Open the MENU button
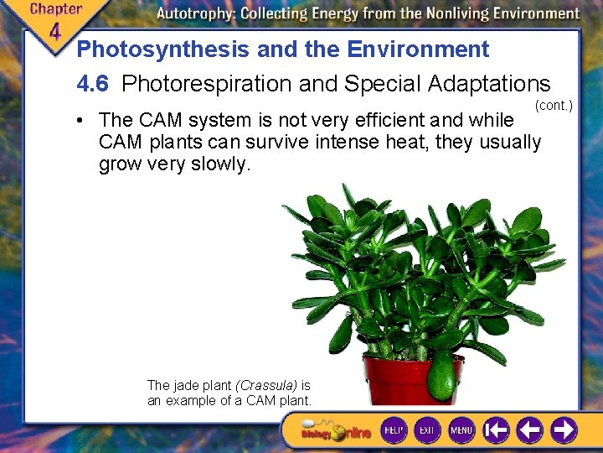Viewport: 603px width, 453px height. (x=461, y=430)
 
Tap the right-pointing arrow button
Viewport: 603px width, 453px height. (x=562, y=430)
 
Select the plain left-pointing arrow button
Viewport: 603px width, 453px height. (x=529, y=430)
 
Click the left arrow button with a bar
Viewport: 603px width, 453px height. (x=496, y=430)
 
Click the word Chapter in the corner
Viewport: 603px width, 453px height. (x=55, y=10)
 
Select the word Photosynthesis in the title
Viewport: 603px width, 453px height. (x=163, y=49)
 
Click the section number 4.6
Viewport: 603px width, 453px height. (x=92, y=84)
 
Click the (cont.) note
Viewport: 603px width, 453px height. (x=554, y=105)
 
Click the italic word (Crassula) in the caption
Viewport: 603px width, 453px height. (x=266, y=385)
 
